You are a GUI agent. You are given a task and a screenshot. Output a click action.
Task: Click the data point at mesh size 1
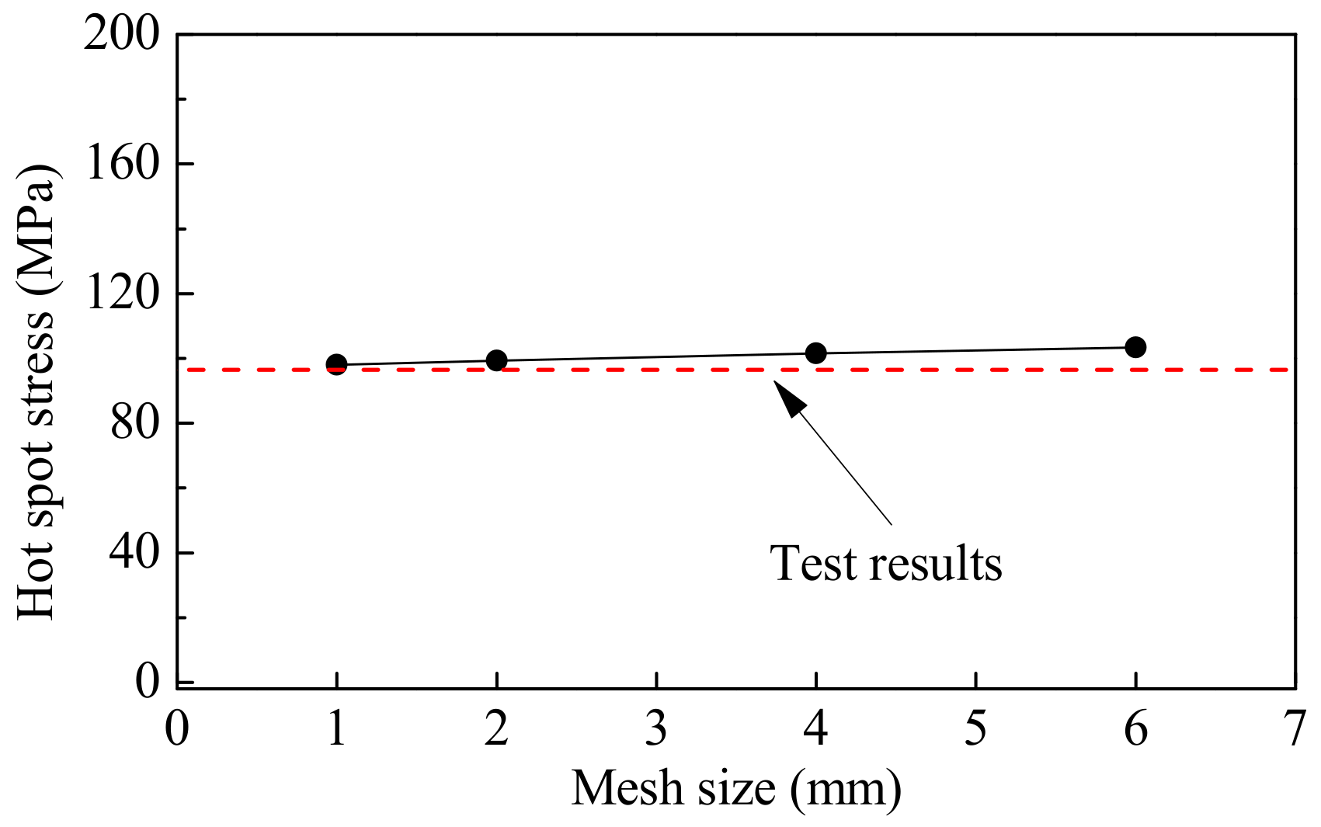tap(336, 364)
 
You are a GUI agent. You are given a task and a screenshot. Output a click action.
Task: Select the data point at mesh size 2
tap(496, 360)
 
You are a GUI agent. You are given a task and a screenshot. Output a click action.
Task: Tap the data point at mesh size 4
tap(815, 353)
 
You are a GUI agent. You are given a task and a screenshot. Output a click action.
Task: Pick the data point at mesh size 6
tap(1135, 347)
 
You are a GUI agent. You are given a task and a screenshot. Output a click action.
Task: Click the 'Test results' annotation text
tap(885, 563)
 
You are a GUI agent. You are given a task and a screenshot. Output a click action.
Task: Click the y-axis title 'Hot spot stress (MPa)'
tap(37, 392)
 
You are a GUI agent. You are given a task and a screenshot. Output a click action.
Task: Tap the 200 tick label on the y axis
tap(121, 35)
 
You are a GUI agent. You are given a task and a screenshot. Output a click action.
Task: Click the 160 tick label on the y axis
tap(121, 164)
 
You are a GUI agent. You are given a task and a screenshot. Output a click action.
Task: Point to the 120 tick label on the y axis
tap(121, 294)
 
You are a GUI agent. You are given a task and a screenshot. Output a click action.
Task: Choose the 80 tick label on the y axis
tap(134, 423)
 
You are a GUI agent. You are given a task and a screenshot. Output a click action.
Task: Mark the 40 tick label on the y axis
tap(134, 553)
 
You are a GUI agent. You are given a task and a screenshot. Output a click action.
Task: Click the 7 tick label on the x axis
tap(1295, 730)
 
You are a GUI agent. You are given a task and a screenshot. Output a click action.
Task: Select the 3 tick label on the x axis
tap(656, 730)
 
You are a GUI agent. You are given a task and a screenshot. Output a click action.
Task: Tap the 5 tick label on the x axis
tap(975, 730)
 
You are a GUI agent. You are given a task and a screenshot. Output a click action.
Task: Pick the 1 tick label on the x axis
tap(336, 730)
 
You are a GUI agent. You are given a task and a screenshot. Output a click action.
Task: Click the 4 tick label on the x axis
tap(815, 730)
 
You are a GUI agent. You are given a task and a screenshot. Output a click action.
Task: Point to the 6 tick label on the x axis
tap(1135, 730)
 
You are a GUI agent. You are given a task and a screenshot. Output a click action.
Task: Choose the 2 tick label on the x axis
tap(496, 730)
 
